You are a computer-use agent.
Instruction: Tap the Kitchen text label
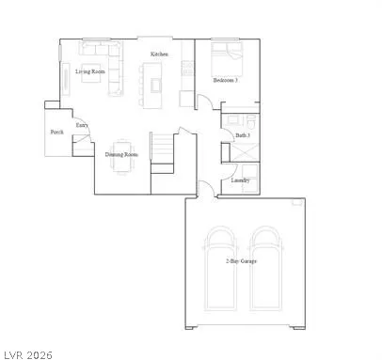[x=159, y=55]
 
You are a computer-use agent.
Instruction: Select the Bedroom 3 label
[x=225, y=81]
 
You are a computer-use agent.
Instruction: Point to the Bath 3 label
[x=242, y=135]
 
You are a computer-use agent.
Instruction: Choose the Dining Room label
[x=122, y=154]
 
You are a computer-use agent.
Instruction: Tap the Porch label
[x=57, y=133]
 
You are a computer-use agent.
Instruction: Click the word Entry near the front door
[x=82, y=124]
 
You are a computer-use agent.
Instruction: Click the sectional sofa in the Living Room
[x=103, y=68]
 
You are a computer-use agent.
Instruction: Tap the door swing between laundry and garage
[x=205, y=189]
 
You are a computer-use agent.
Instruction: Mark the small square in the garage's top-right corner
[x=297, y=202]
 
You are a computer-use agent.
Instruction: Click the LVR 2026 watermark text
[x=28, y=353]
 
